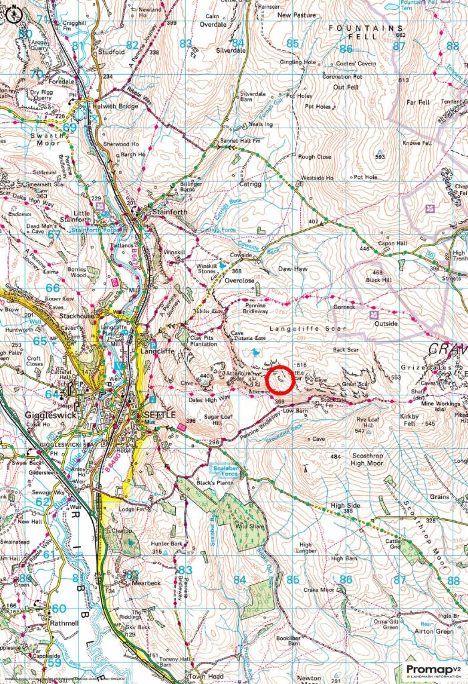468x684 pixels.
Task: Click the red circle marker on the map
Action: pyautogui.click(x=281, y=379)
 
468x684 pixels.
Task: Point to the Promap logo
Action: pyautogui.click(x=433, y=669)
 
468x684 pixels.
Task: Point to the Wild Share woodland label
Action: pyautogui.click(x=245, y=526)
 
